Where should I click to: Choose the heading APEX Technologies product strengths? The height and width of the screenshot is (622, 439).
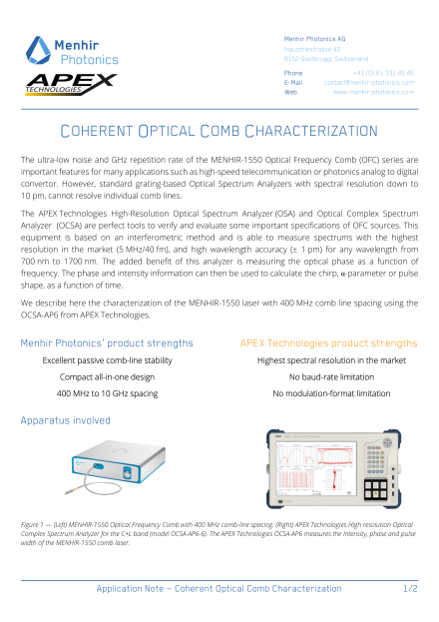(x=328, y=342)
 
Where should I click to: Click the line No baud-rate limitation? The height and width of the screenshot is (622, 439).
(x=329, y=377)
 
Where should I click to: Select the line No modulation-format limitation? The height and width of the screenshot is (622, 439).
(x=329, y=394)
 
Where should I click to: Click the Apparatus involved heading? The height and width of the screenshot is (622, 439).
(x=65, y=421)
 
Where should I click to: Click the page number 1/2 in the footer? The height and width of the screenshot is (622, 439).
(x=410, y=590)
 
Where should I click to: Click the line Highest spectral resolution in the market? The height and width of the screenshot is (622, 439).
(x=329, y=360)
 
